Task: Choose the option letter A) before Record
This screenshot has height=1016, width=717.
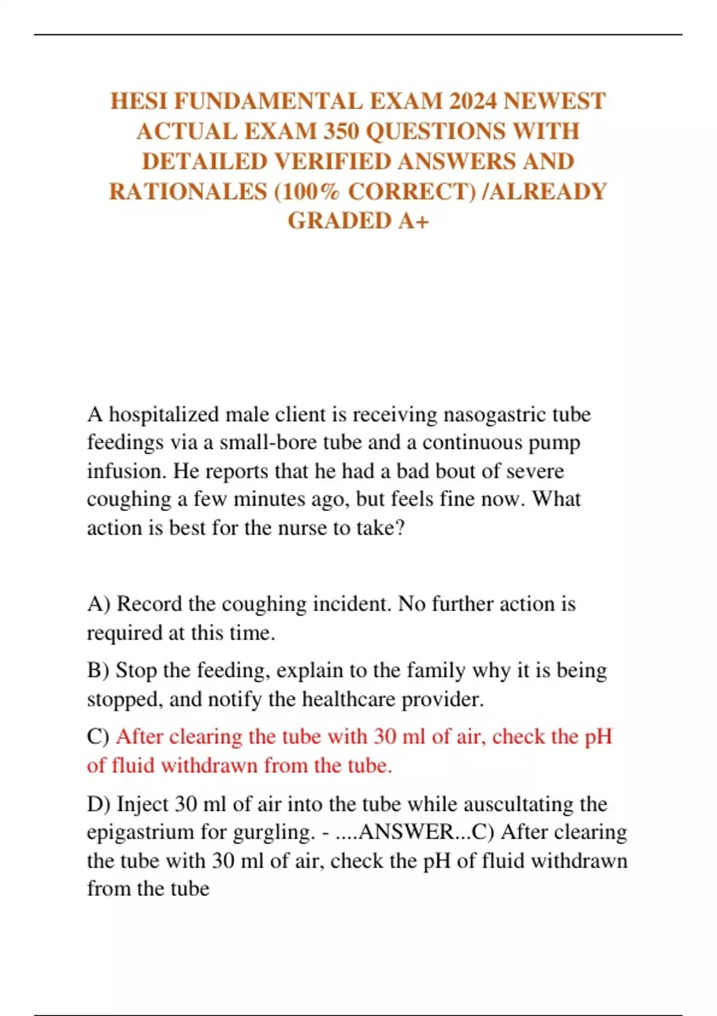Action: click(99, 604)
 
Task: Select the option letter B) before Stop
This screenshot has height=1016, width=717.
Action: click(98, 671)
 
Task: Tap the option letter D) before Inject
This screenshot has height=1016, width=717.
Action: click(99, 804)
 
